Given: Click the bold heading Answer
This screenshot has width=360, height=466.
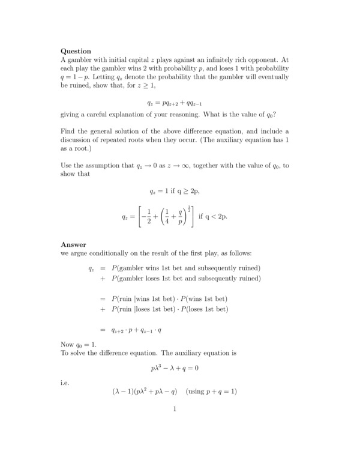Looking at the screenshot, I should click(x=73, y=244).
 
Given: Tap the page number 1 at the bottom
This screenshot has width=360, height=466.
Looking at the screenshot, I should click(x=174, y=410).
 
